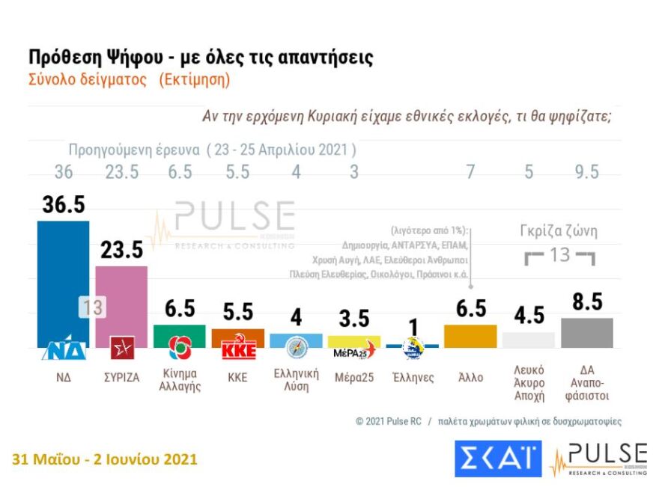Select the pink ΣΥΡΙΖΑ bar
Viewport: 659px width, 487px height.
tap(121, 299)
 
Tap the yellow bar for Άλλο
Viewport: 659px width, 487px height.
tap(470, 336)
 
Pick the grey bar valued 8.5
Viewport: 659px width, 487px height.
tap(586, 332)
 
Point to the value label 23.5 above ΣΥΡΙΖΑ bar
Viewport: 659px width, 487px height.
tap(122, 251)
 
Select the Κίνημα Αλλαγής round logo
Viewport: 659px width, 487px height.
tap(180, 347)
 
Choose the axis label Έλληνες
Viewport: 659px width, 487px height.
tap(413, 377)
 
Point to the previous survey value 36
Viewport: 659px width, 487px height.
tap(64, 172)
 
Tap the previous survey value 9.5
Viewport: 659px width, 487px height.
tap(586, 172)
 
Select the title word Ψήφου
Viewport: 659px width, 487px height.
tap(125, 58)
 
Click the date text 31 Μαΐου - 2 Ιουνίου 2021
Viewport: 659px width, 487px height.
tap(105, 459)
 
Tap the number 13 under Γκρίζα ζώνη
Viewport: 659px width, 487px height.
tap(559, 255)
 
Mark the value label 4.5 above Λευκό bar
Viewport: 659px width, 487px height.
tap(528, 315)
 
